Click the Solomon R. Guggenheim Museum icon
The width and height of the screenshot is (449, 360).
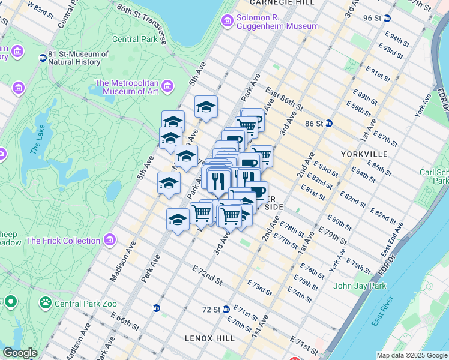228,22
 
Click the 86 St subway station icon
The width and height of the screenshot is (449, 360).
329,124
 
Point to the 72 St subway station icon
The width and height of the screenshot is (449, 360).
226,310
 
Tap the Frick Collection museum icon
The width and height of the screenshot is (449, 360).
109,241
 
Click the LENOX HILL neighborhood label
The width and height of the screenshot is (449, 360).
209,338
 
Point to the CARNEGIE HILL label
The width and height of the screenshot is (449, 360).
281,3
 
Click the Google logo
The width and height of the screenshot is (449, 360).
20,353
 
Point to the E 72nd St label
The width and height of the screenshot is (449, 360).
207,277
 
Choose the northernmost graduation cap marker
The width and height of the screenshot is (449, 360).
206,107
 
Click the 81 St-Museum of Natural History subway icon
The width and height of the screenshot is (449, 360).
43,58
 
